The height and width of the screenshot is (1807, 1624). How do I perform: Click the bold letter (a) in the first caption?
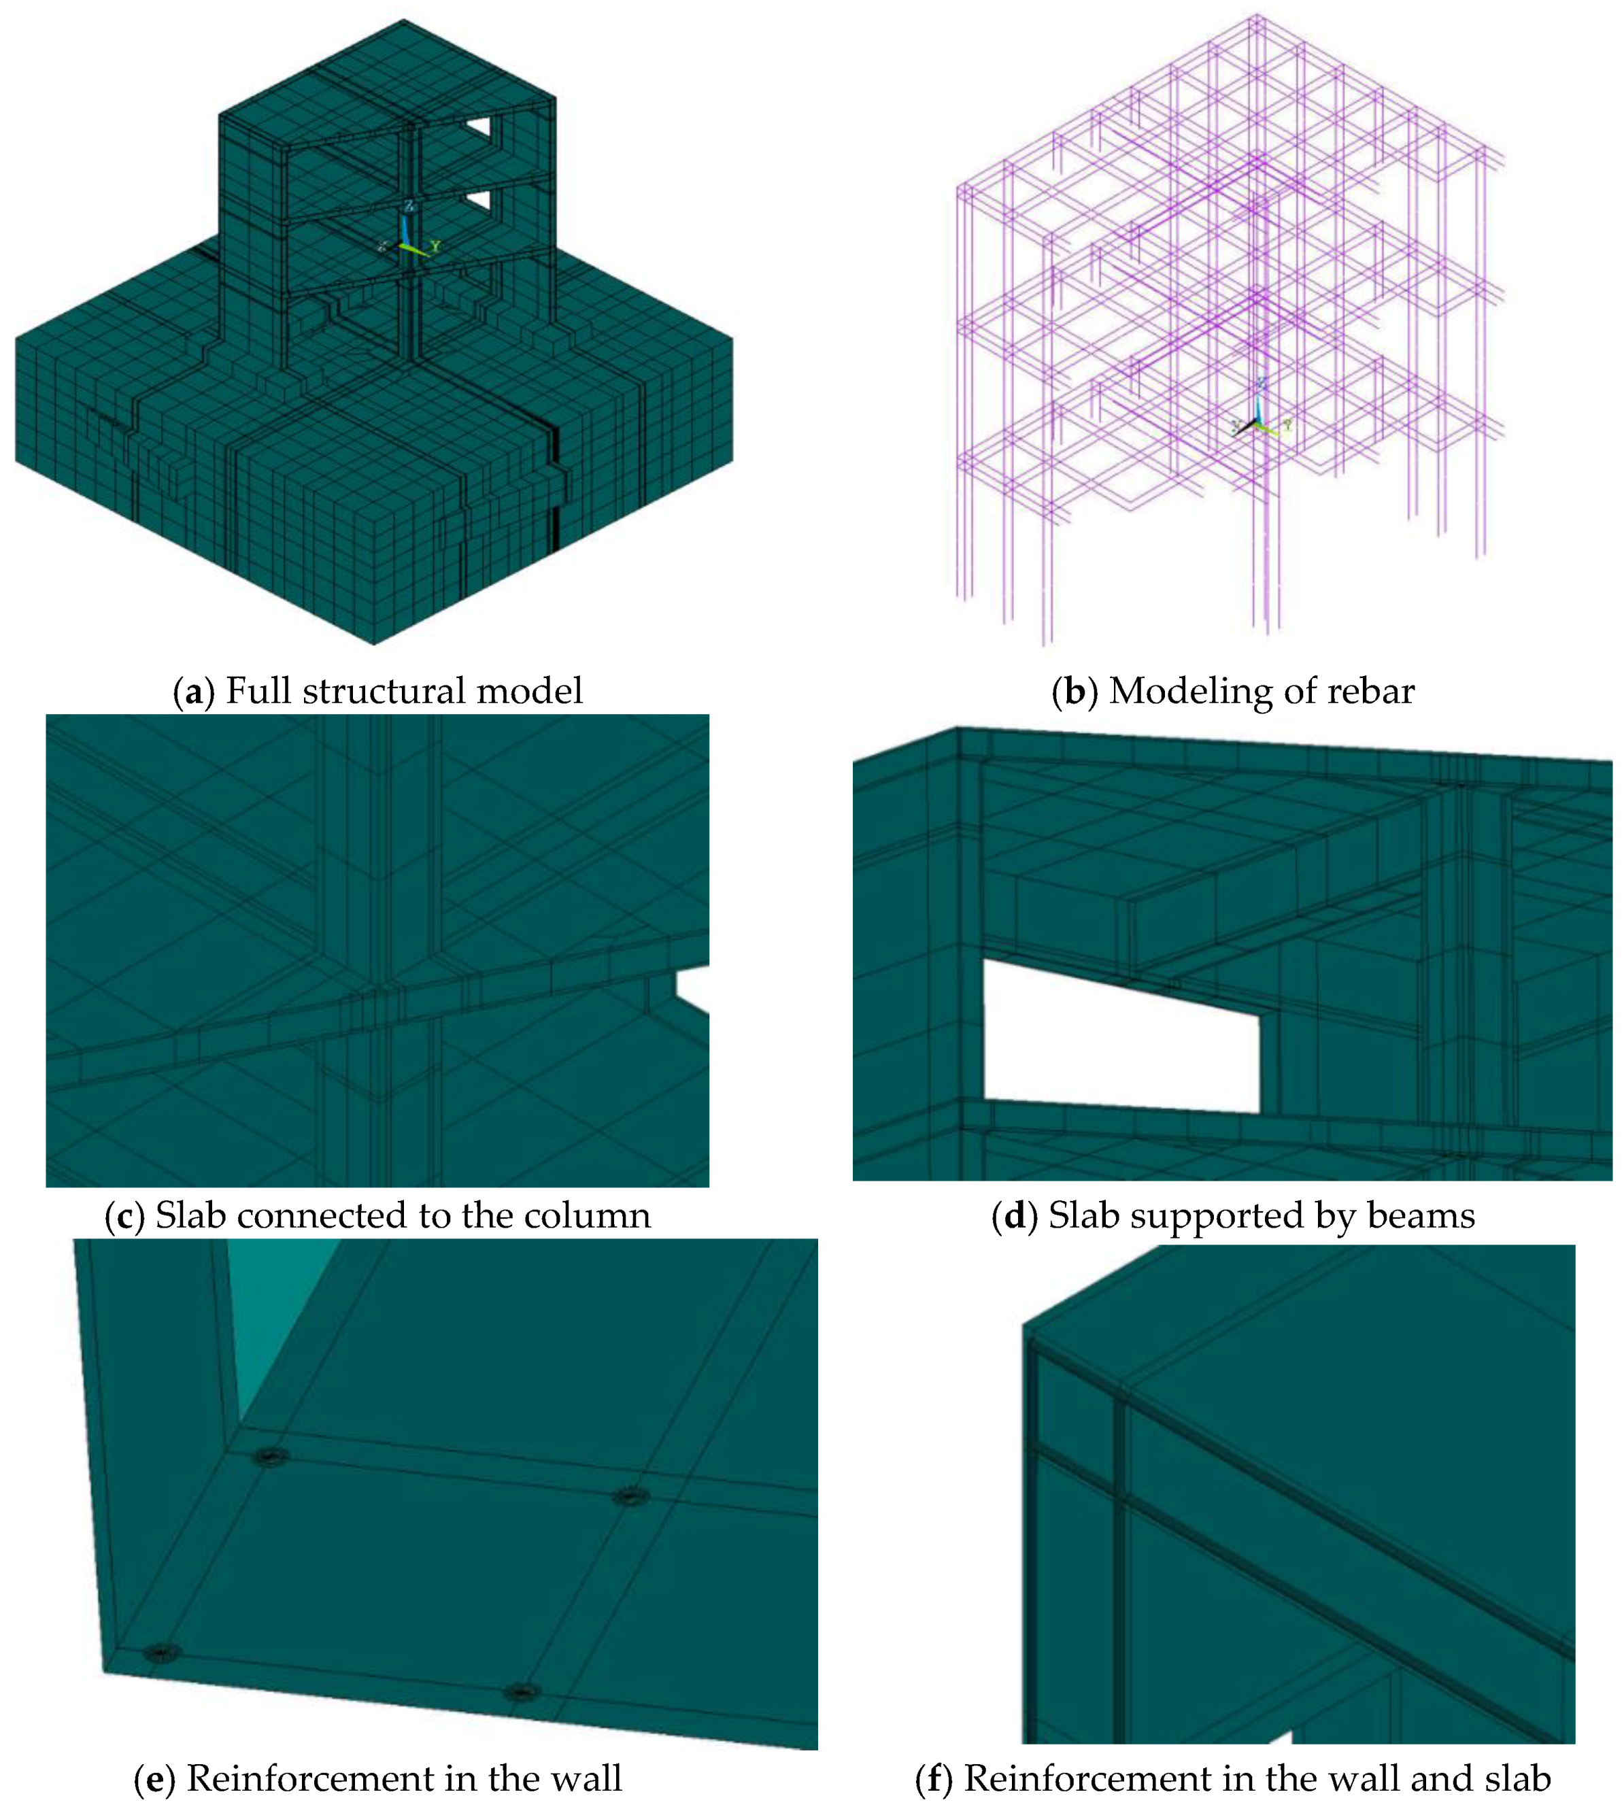(x=194, y=692)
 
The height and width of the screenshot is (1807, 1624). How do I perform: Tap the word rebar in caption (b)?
(x=1372, y=692)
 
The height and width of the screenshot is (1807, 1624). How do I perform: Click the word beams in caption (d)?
(x=1421, y=1215)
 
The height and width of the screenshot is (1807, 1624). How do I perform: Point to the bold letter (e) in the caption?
(x=154, y=1778)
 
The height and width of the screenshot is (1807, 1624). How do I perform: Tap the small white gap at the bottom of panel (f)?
(x=1281, y=1736)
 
